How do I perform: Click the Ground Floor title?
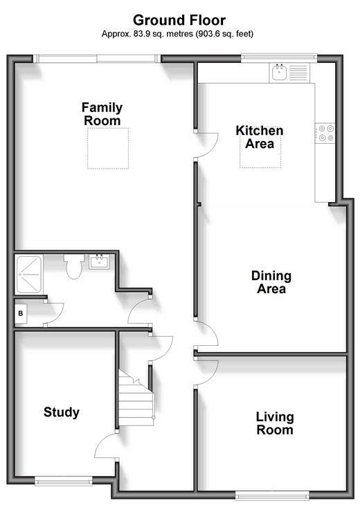[179, 20]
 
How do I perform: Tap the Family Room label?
[102, 114]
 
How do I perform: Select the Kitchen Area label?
[260, 137]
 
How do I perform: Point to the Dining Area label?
[271, 282]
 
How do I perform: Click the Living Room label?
[275, 423]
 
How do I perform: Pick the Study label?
[62, 412]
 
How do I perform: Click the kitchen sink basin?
[279, 72]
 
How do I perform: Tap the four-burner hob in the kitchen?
[325, 134]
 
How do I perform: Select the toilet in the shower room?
[74, 266]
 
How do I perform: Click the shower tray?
[28, 275]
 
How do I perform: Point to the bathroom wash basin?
[99, 261]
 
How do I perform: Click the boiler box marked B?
[21, 313]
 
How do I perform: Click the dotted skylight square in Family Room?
[108, 148]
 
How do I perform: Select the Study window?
[63, 481]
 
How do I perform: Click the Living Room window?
[272, 495]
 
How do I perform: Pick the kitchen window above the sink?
[279, 57]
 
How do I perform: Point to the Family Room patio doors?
[97, 58]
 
